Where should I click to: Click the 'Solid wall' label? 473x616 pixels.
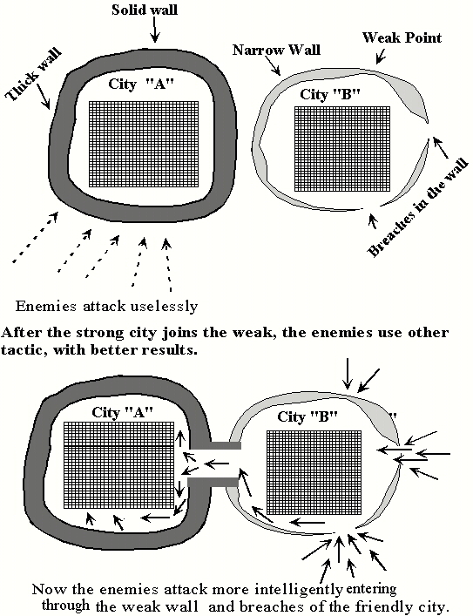coord(145,10)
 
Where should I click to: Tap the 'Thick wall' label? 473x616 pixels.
coord(34,74)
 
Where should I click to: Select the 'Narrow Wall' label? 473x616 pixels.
coord(276,50)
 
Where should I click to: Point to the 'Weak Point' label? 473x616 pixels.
coord(402,37)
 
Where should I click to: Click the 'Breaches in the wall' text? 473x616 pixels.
coord(418,207)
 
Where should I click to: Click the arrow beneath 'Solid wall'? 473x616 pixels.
coord(155,30)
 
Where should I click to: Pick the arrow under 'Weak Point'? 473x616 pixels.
coord(381,56)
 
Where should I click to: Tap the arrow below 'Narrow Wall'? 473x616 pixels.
coord(274,65)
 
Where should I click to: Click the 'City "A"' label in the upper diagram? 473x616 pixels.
coord(140,84)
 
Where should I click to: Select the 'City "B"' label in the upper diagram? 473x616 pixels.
coord(330,94)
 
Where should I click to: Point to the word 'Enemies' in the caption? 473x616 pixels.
coord(45,306)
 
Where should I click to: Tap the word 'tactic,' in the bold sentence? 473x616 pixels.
coord(24,349)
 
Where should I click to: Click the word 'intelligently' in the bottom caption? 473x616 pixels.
coord(299,589)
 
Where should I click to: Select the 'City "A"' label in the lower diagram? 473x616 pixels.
coord(122,412)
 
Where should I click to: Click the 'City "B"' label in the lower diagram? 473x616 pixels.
coord(307,416)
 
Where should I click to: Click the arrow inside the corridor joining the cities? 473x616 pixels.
coord(216,464)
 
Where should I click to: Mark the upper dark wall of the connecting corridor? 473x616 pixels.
coord(216,445)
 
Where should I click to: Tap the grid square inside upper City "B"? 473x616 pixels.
coord(342,148)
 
